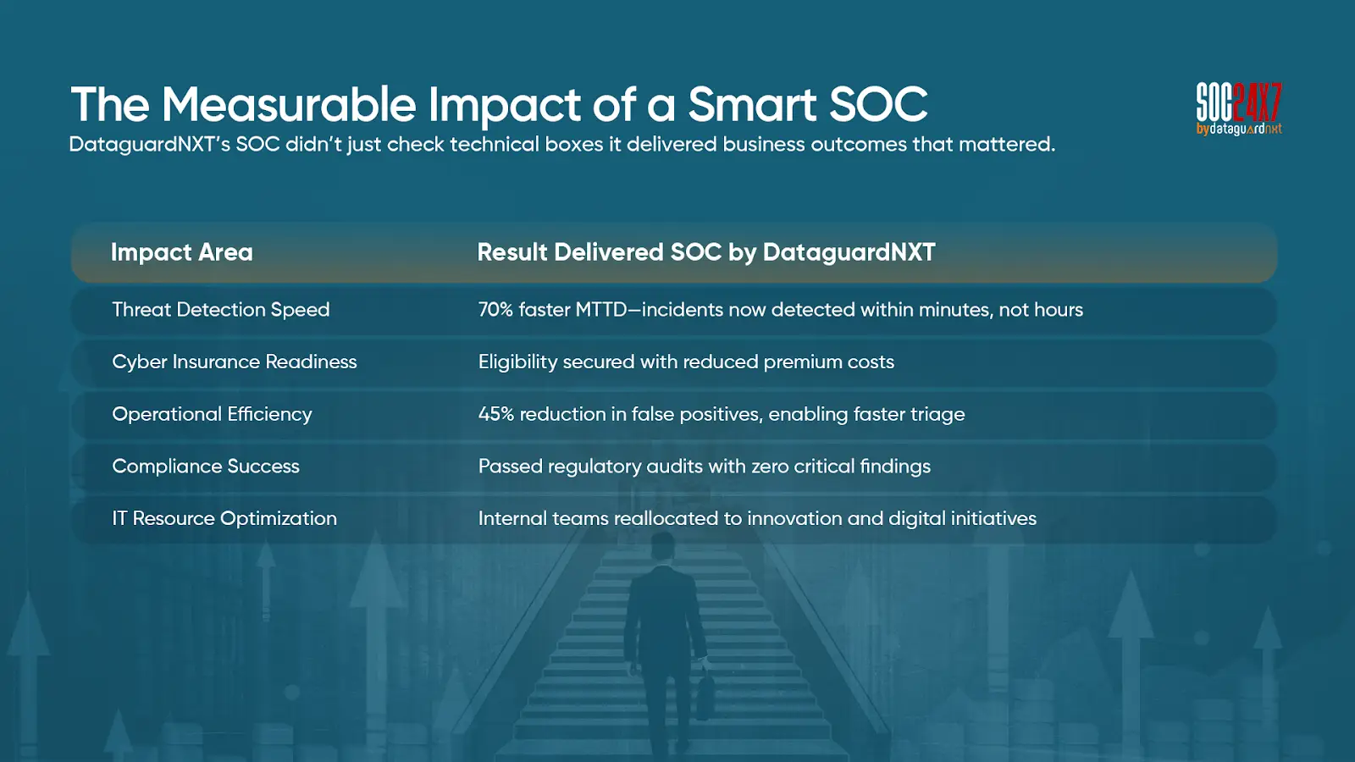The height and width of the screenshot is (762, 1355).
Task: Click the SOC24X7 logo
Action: pyautogui.click(x=1239, y=109)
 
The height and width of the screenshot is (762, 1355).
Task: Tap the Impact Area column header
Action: pyautogui.click(x=181, y=252)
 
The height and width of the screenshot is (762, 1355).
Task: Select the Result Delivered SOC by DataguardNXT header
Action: pyautogui.click(x=706, y=252)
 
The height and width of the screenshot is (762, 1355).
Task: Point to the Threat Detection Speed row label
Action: pyautogui.click(x=221, y=310)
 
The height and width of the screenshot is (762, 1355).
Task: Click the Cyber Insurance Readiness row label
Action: pyautogui.click(x=234, y=362)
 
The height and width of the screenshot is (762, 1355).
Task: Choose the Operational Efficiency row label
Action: pyautogui.click(x=212, y=414)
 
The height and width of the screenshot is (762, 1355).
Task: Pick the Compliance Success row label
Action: pyautogui.click(x=206, y=467)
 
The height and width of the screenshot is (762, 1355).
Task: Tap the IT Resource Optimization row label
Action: pyautogui.click(x=224, y=518)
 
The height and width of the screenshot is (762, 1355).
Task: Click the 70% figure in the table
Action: pyautogui.click(x=495, y=310)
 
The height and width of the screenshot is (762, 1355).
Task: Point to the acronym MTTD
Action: pyautogui.click(x=601, y=310)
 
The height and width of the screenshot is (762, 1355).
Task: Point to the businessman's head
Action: pyautogui.click(x=662, y=545)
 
